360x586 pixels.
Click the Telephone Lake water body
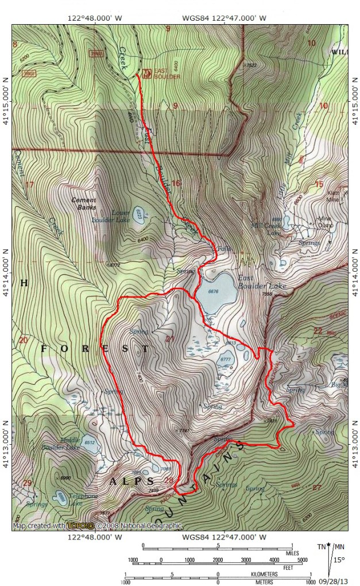tap(61, 496)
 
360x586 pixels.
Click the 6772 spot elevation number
tap(114, 265)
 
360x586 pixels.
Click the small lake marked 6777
tap(225, 364)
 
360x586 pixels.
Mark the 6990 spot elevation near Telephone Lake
tap(65, 478)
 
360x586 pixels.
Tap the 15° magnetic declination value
tap(340, 559)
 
